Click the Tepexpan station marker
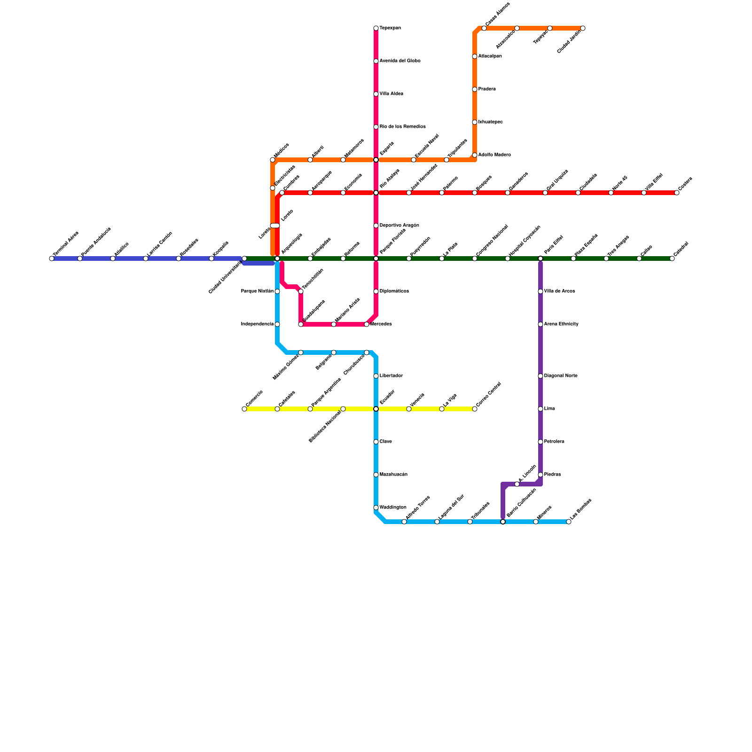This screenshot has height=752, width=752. (376, 28)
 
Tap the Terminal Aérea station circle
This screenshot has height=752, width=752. (52, 258)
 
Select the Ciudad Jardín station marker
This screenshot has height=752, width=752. (583, 28)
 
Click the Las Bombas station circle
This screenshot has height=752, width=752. (569, 522)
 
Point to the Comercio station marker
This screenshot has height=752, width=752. (244, 409)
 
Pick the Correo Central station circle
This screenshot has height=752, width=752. (475, 409)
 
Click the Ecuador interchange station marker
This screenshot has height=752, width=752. (376, 409)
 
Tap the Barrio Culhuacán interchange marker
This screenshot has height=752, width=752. (503, 522)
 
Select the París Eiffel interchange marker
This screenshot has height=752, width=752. (540, 258)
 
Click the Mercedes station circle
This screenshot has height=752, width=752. (367, 324)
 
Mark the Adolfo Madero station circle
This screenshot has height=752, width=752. (475, 155)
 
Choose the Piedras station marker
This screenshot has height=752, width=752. (540, 475)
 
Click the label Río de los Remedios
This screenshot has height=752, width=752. (402, 127)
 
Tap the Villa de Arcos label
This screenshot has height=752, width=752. (559, 291)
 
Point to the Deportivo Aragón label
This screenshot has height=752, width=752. (399, 226)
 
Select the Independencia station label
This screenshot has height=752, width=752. (257, 324)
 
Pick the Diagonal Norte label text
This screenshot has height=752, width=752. (561, 376)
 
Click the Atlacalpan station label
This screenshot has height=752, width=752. (490, 56)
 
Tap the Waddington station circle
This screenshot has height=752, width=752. (376, 508)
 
